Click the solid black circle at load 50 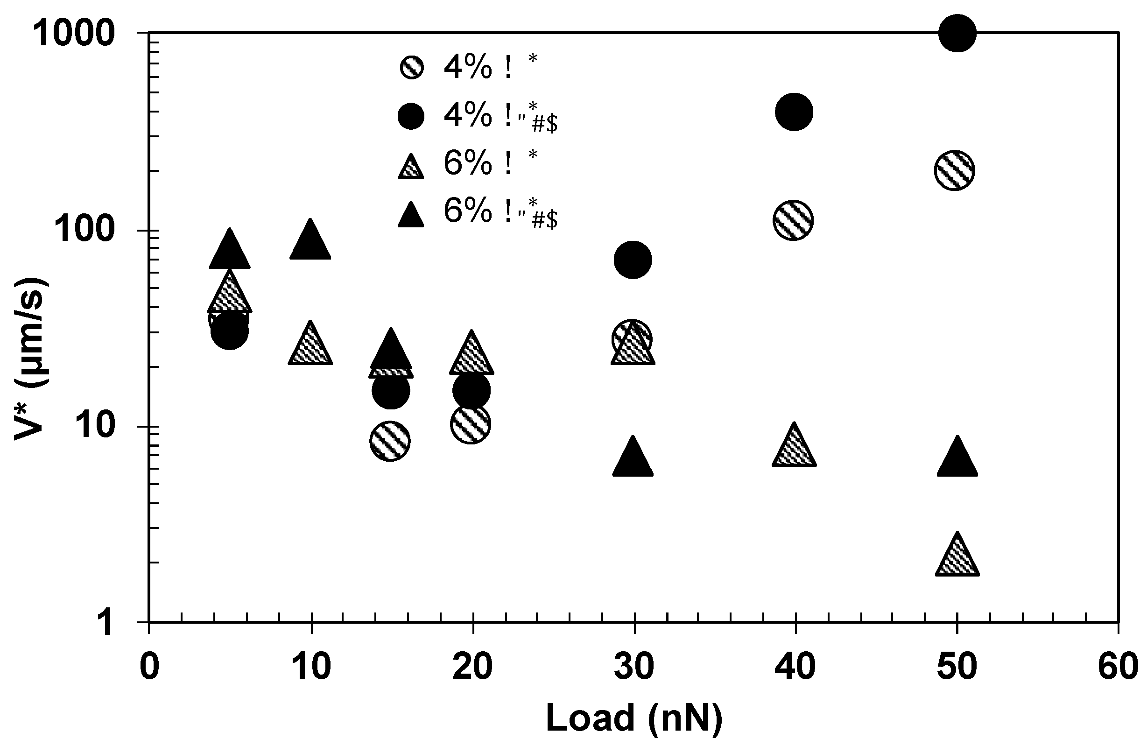coord(957,33)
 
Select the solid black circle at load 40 coord(794,112)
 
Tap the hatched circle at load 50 coord(954,170)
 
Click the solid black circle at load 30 coord(633,260)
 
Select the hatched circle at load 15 coord(390,441)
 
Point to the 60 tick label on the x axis coord(1118,667)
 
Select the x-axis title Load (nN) coord(634,718)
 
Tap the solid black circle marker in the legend coord(411,116)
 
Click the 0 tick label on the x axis coord(149,667)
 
